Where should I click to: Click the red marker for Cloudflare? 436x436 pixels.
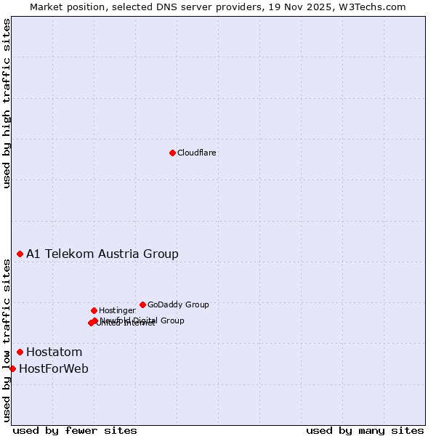[172, 153]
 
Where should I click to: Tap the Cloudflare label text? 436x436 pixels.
[196, 153]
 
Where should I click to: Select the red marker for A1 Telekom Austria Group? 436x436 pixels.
[20, 254]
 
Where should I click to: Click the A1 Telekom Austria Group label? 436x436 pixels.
[102, 254]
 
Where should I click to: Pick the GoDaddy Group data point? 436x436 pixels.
[142, 304]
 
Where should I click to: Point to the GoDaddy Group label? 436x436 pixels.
[178, 304]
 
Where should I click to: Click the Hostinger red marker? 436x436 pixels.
[94, 310]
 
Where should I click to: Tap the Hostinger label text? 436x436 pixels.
[117, 310]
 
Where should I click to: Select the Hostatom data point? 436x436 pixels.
[20, 352]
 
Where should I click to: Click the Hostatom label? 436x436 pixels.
[54, 352]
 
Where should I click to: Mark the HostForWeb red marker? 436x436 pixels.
[12, 368]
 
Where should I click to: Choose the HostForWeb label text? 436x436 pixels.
[53, 368]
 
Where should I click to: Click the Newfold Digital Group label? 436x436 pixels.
[142, 320]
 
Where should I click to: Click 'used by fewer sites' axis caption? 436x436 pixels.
[75, 430]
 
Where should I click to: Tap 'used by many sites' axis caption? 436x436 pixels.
[365, 430]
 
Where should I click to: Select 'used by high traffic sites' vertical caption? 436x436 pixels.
[7, 103]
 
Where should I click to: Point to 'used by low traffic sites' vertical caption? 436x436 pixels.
[7, 340]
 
